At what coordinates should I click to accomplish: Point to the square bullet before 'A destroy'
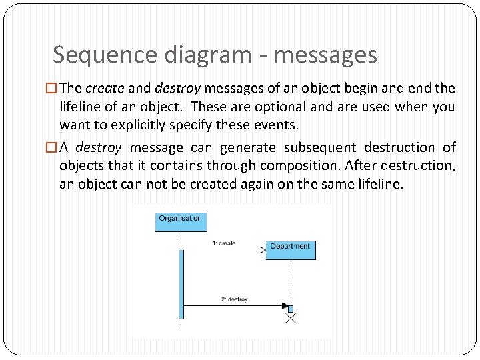[x=54, y=147]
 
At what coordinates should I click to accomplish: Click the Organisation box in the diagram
[x=180, y=220]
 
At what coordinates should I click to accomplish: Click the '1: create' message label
[x=223, y=243]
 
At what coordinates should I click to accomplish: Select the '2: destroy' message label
[x=234, y=299]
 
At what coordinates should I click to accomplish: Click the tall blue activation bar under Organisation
[x=181, y=283]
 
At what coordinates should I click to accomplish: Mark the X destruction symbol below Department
[x=290, y=319]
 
